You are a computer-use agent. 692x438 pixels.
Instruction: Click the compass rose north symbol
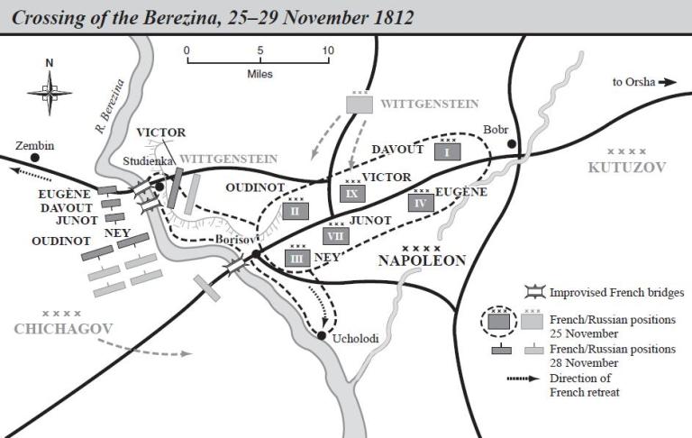pyautogui.click(x=50, y=90)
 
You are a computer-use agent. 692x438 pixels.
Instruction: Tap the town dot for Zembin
pyautogui.click(x=19, y=157)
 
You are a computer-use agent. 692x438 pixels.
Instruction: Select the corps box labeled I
pyautogui.click(x=447, y=151)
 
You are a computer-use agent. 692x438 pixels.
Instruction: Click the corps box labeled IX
pyautogui.click(x=352, y=192)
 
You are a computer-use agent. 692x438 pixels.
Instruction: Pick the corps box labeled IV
pyautogui.click(x=420, y=202)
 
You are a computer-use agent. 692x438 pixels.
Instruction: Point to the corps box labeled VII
pyautogui.click(x=335, y=235)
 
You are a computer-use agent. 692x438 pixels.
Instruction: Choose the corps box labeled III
pyautogui.click(x=296, y=258)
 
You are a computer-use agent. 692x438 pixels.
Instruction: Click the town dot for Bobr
pyautogui.click(x=511, y=143)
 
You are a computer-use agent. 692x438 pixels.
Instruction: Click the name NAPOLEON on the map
pyautogui.click(x=422, y=260)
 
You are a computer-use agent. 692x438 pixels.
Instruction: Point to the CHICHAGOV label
pyautogui.click(x=62, y=329)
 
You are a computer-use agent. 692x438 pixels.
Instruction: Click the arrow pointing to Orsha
pyautogui.click(x=668, y=82)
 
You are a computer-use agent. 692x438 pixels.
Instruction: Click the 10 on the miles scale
pyautogui.click(x=327, y=50)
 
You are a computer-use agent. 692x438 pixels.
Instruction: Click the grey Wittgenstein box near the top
pyautogui.click(x=360, y=104)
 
